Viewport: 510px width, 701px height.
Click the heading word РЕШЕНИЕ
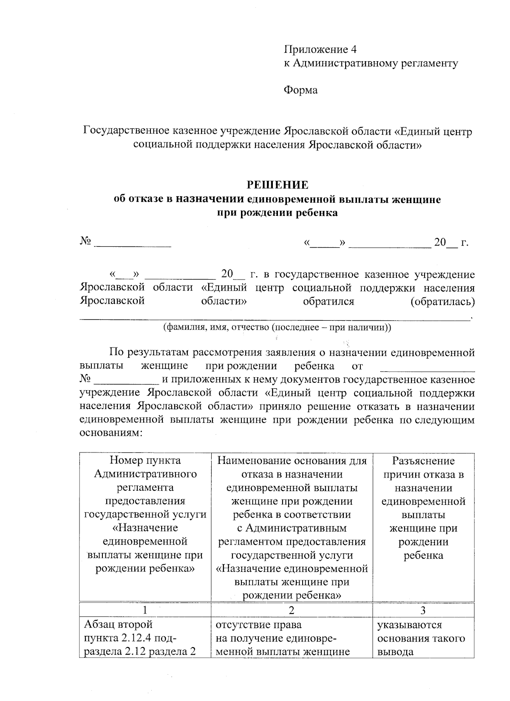[x=278, y=185]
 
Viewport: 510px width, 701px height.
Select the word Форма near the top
[x=300, y=90]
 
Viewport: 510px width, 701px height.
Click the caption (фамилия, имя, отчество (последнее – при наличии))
[x=278, y=328]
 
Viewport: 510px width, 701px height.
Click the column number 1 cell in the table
[x=145, y=611]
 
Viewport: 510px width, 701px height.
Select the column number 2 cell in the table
[x=291, y=611]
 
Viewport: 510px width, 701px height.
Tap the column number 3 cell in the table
[x=422, y=611]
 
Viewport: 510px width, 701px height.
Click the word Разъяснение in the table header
[x=423, y=461]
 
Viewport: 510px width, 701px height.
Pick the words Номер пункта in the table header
[x=145, y=461]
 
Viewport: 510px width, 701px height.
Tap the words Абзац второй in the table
[x=118, y=625]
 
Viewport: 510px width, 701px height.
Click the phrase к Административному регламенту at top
[x=371, y=63]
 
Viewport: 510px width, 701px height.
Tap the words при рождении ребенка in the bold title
[x=278, y=213]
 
